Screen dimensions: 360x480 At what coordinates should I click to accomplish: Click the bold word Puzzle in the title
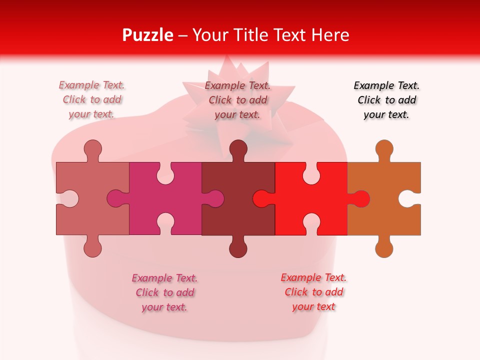pyautogui.click(x=147, y=35)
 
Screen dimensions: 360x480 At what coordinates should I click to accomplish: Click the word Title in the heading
pyautogui.click(x=255, y=35)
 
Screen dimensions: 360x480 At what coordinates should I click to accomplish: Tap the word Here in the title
pyautogui.click(x=330, y=35)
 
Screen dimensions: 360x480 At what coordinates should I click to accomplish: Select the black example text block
pyautogui.click(x=386, y=100)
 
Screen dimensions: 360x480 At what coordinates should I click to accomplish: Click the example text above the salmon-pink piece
pyautogui.click(x=91, y=100)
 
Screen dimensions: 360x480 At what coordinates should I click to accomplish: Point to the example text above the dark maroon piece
pyautogui.click(x=237, y=100)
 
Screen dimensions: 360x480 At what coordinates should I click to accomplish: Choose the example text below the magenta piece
pyautogui.click(x=164, y=292)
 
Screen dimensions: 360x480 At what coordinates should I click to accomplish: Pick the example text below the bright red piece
pyautogui.click(x=313, y=292)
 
